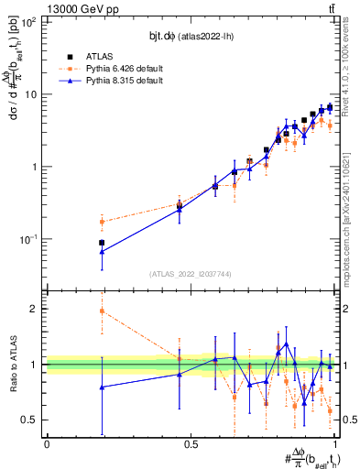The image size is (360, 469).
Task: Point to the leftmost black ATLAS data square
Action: [102, 243]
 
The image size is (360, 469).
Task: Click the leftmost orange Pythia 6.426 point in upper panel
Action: [102, 222]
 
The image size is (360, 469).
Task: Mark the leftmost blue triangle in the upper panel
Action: [102, 251]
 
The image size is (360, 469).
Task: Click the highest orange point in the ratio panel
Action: [102, 311]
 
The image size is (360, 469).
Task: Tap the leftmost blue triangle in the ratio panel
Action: [102, 387]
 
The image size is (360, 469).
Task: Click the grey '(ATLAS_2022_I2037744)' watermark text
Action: [191, 273]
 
